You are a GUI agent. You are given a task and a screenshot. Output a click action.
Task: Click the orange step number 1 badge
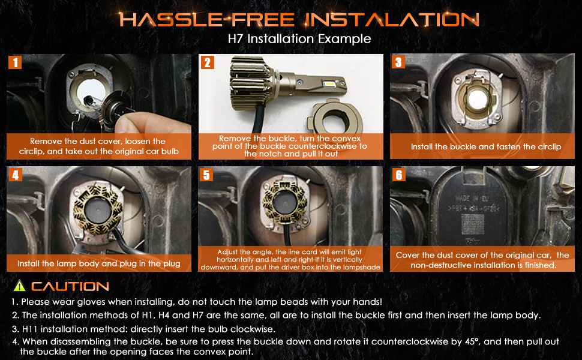(x=15, y=62)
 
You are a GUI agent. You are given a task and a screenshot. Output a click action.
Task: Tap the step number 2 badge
(x=208, y=62)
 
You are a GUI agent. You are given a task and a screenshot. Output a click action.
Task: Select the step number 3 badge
(x=398, y=62)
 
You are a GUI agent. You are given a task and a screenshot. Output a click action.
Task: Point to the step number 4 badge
(x=15, y=175)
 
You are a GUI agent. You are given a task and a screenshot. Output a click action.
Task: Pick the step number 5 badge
(x=206, y=175)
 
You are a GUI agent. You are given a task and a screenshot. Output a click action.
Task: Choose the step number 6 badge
(x=399, y=175)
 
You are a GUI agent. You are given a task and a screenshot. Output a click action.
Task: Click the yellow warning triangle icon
(x=19, y=286)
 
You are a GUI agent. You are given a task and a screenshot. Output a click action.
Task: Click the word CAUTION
(x=70, y=286)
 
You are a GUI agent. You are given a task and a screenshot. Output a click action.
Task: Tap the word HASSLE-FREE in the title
(x=207, y=19)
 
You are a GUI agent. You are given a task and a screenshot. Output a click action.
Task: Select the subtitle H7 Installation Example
(x=299, y=38)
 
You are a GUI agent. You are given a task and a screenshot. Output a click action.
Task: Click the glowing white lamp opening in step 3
(x=475, y=99)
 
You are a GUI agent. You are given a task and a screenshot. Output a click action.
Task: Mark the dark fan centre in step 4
(x=98, y=211)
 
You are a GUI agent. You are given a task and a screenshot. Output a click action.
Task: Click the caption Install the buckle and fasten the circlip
(x=486, y=146)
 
